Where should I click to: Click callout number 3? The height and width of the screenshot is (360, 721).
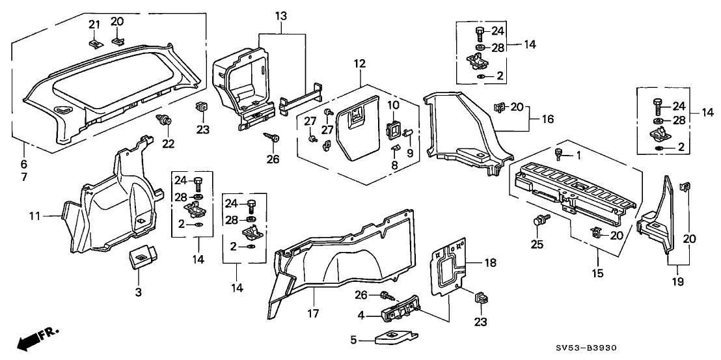tap(138, 294)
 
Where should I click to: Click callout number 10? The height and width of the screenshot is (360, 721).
tap(392, 105)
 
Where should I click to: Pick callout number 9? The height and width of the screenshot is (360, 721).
tap(409, 154)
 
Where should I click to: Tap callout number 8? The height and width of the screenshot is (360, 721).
tap(394, 166)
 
